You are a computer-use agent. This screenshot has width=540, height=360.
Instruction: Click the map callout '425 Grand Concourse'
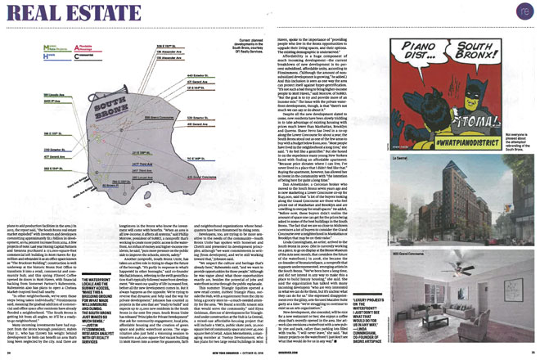[208, 175]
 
